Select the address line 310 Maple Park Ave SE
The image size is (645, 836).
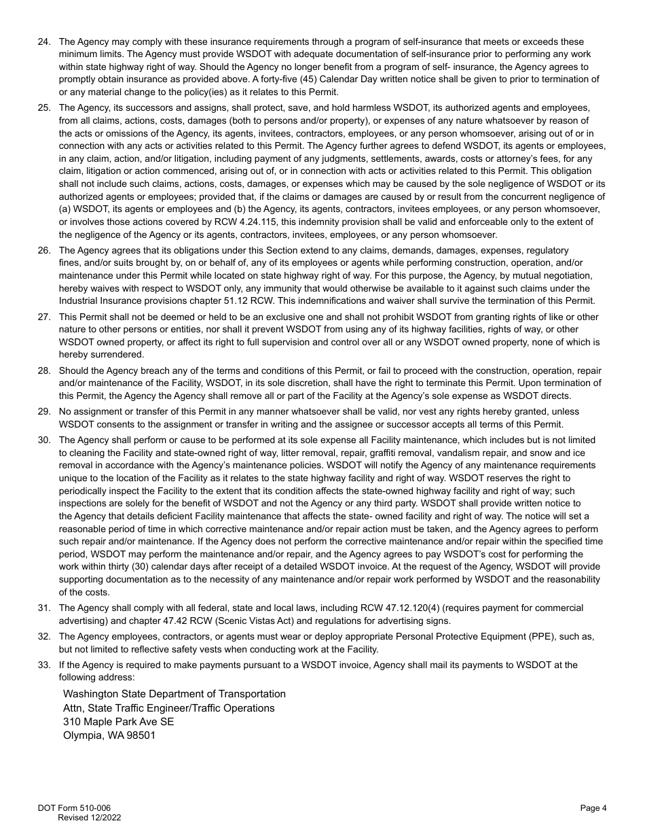coord(118,722)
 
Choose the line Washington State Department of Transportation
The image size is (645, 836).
coord(174,694)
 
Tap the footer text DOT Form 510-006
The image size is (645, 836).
coord(75,808)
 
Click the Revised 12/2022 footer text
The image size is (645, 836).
coord(90,818)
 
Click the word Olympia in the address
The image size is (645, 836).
coord(82,735)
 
